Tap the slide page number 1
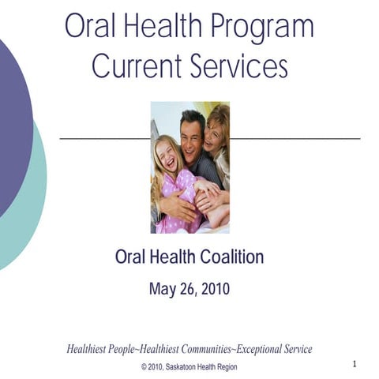pyautogui.click(x=355, y=364)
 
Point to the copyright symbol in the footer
pyautogui.click(x=144, y=366)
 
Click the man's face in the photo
pyautogui.click(x=192, y=135)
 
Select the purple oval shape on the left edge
pyautogui.click(x=11, y=126)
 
